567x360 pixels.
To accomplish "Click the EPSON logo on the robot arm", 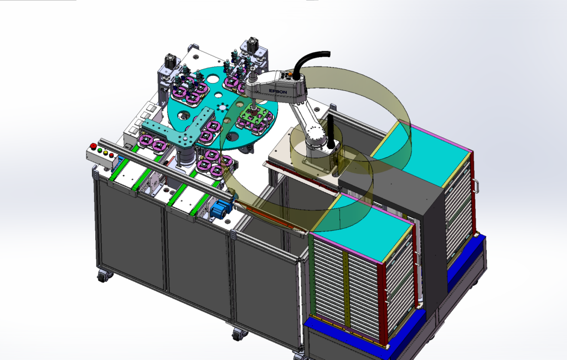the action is point(278,91).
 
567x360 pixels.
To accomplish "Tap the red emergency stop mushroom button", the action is point(93,146).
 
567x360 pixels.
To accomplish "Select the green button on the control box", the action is point(100,150).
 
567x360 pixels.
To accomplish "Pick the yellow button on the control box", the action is point(105,153).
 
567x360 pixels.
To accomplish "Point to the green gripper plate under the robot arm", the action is point(255,115).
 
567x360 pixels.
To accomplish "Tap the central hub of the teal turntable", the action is point(221,107).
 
